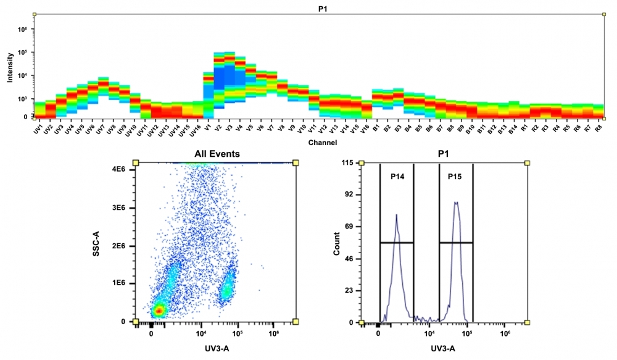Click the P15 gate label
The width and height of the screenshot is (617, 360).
455,177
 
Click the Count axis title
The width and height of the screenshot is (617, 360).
336,243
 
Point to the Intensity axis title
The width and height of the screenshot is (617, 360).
10,67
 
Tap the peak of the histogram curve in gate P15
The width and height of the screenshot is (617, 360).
456,202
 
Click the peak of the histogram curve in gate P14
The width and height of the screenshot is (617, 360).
397,215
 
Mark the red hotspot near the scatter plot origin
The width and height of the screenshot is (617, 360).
159,311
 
